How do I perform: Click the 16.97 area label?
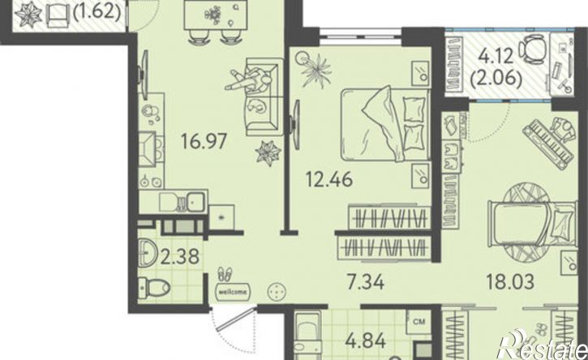pyautogui.click(x=204, y=141)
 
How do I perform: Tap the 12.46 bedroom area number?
pyautogui.click(x=329, y=179)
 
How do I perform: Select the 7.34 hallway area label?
pyautogui.click(x=365, y=282)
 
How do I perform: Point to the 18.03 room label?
pyautogui.click(x=509, y=281)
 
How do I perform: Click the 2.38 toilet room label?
pyautogui.click(x=179, y=257)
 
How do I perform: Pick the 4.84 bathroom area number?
pyautogui.click(x=365, y=341)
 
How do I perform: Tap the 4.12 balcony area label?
pyautogui.click(x=496, y=58)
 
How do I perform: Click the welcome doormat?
pyautogui.click(x=233, y=290)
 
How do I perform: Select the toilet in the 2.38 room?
pyautogui.click(x=154, y=288)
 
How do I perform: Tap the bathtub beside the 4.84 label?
pyautogui.click(x=307, y=335)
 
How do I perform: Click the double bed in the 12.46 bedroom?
pyautogui.click(x=385, y=124)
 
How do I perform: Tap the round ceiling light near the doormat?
pyautogui.click(x=277, y=291)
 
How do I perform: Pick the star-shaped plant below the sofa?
pyautogui.click(x=268, y=152)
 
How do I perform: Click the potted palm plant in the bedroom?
pyautogui.click(x=315, y=70)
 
